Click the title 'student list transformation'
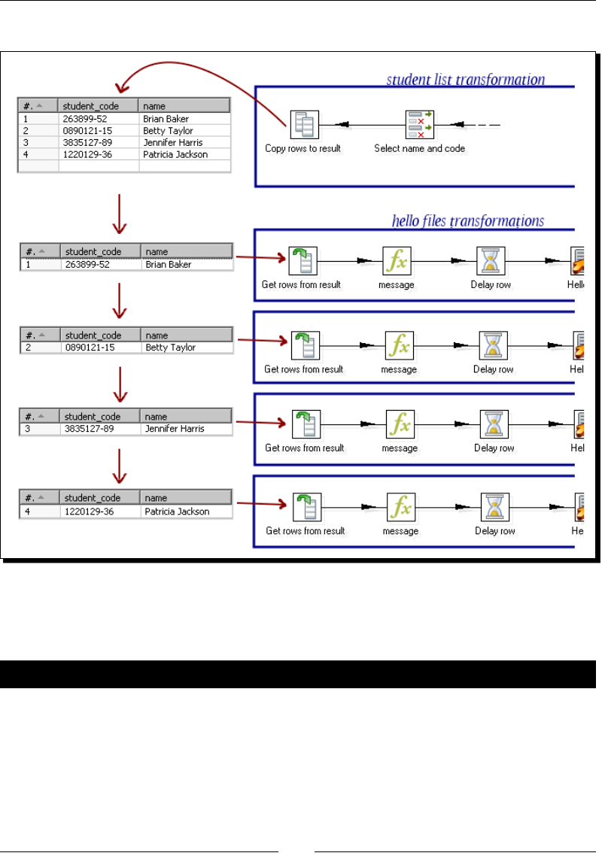coord(465,79)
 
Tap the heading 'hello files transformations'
coord(468,221)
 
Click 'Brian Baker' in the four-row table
coord(166,119)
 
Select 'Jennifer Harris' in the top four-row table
coord(172,142)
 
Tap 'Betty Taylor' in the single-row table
coord(170,348)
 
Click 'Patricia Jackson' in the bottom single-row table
coord(178,511)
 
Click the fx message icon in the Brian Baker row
coord(397,261)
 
